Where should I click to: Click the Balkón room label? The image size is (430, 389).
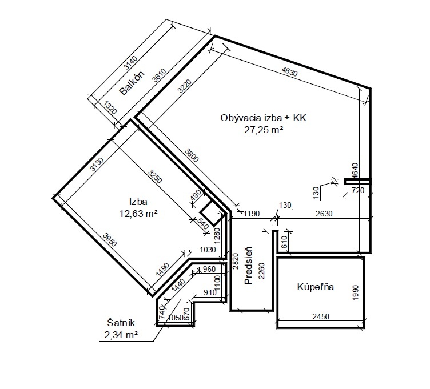pos(132,83)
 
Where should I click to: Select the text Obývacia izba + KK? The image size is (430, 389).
pos(264,118)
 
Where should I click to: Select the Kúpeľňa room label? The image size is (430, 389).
pos(315,287)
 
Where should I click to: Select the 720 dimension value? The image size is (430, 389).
pos(357,190)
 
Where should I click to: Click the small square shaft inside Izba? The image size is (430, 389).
pos(210,214)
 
